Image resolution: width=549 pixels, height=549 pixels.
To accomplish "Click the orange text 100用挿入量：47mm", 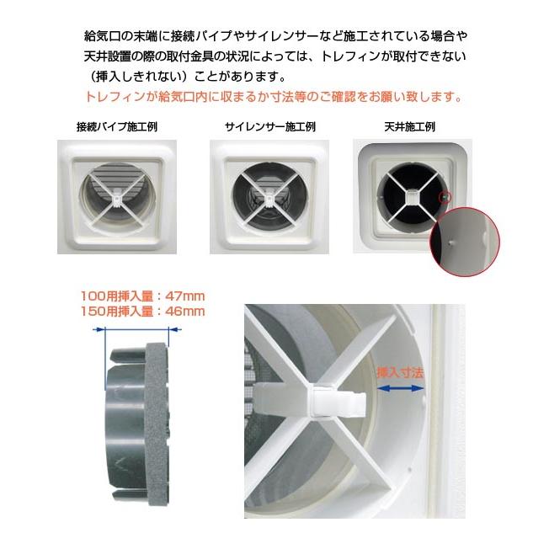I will click(x=142, y=296).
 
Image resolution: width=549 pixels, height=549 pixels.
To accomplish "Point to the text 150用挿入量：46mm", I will click(x=142, y=311).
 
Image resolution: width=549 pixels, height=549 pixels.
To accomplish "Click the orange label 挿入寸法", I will click(x=399, y=371).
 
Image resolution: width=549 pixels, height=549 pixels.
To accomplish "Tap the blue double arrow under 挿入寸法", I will click(x=401, y=387).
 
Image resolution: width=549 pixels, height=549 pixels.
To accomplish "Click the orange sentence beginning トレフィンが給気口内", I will click(x=274, y=96).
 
